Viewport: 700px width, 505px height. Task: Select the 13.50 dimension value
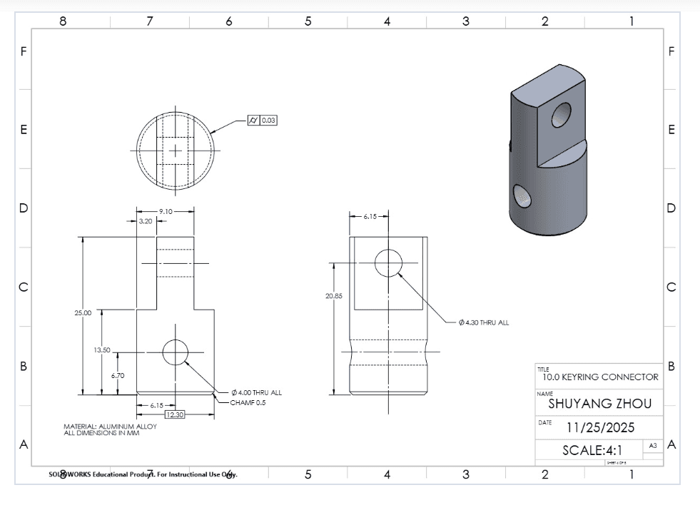(x=102, y=350)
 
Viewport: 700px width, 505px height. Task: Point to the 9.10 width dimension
(x=165, y=211)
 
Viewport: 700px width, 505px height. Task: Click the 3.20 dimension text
(x=145, y=221)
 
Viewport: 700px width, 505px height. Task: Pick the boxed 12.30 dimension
(x=174, y=414)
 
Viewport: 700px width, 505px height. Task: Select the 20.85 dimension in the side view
(x=333, y=295)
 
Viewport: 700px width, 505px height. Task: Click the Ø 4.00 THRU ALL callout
(x=256, y=392)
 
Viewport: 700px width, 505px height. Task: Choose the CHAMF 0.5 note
(x=246, y=402)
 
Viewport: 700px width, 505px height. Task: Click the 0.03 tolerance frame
(x=268, y=120)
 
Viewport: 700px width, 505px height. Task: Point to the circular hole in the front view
(x=175, y=352)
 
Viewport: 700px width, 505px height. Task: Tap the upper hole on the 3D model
(x=562, y=115)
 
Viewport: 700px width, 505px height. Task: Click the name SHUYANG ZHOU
(x=599, y=403)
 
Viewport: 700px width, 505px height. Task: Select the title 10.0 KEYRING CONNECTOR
(x=601, y=377)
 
